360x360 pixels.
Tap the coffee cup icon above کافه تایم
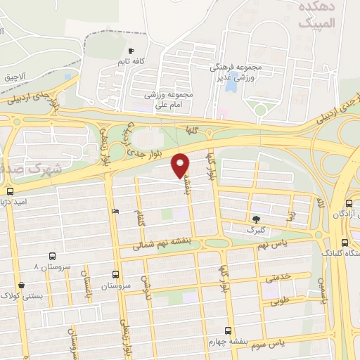[x=131, y=51]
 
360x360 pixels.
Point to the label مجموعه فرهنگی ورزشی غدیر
[x=236, y=72]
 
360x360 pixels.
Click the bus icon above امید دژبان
[x=10, y=191]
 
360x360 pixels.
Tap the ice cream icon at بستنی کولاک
[x=22, y=285]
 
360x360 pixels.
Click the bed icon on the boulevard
[x=115, y=212]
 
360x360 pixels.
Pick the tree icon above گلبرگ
[x=255, y=219]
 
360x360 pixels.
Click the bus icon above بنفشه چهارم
[x=227, y=330]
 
